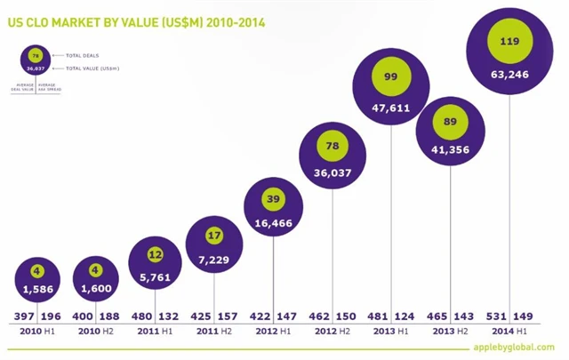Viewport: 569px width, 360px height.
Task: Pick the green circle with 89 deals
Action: point(450,123)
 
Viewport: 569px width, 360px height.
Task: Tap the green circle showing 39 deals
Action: point(274,198)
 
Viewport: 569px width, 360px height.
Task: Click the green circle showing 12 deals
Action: point(156,254)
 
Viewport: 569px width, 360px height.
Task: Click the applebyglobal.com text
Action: point(519,348)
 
